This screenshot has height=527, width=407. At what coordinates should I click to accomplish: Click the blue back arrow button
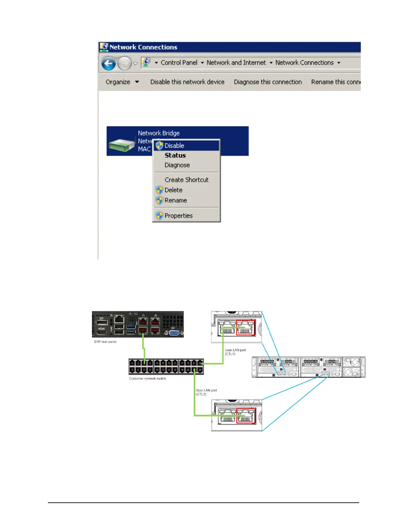(x=108, y=63)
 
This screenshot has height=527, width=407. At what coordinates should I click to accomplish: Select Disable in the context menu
(x=174, y=146)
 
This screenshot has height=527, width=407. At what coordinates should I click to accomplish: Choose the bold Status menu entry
(x=175, y=155)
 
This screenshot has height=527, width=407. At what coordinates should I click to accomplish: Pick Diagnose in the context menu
(x=177, y=165)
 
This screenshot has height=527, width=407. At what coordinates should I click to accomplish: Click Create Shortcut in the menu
(x=187, y=180)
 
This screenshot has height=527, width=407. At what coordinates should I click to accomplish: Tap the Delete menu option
(x=174, y=190)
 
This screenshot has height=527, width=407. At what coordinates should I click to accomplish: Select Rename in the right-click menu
(x=176, y=200)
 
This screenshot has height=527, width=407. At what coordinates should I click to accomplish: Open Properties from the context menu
(x=179, y=216)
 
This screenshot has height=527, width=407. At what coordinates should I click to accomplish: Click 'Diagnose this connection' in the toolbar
(x=268, y=82)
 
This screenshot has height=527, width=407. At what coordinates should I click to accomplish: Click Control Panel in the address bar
(x=179, y=63)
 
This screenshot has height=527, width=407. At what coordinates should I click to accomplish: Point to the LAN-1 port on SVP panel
(x=143, y=330)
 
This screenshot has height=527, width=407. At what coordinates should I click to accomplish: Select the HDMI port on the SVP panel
(x=102, y=329)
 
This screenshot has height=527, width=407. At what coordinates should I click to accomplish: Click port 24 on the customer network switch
(x=200, y=370)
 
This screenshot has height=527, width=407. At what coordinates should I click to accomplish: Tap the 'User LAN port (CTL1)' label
(x=235, y=352)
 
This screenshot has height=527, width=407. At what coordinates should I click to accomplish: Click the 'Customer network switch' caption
(x=147, y=379)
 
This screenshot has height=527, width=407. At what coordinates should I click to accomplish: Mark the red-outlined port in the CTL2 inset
(x=246, y=416)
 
